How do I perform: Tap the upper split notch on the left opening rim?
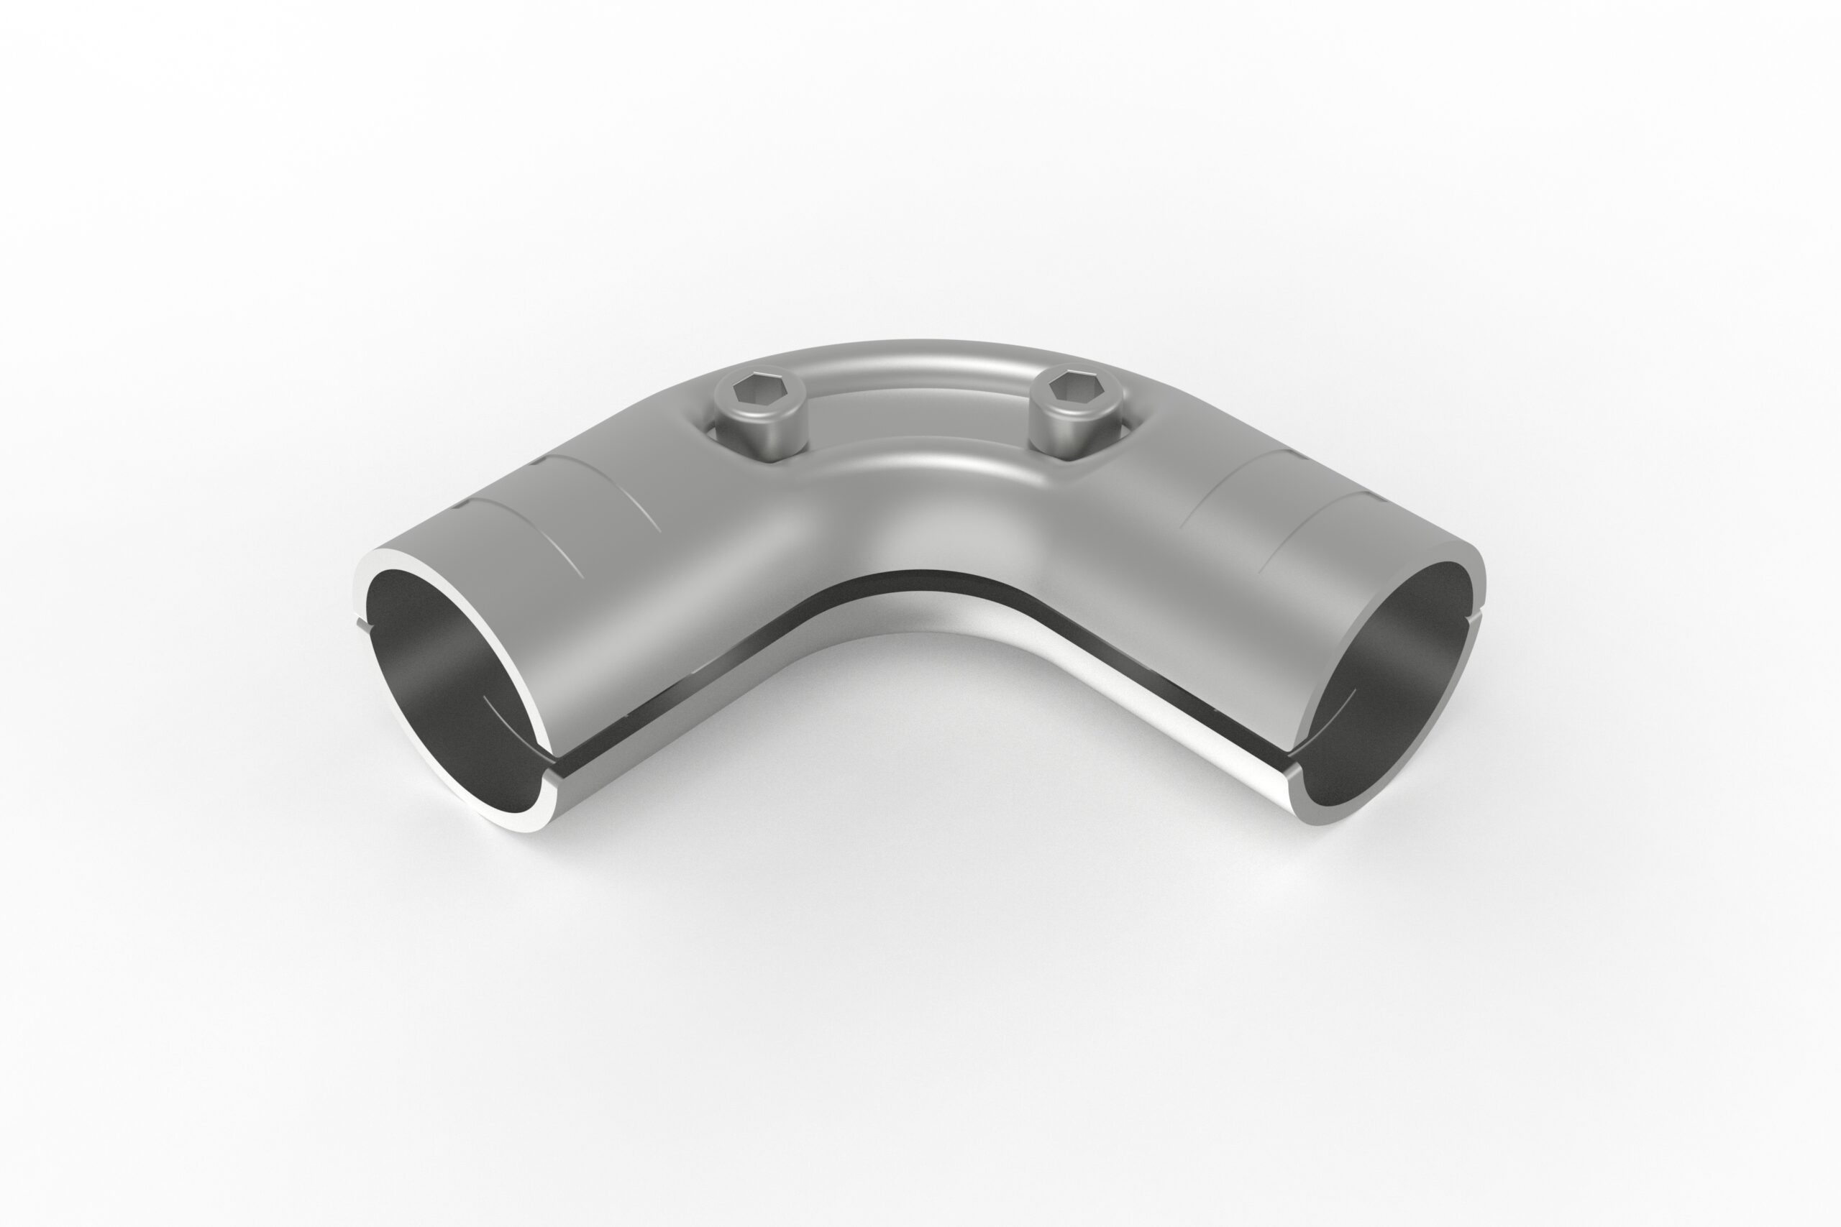tap(362, 624)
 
